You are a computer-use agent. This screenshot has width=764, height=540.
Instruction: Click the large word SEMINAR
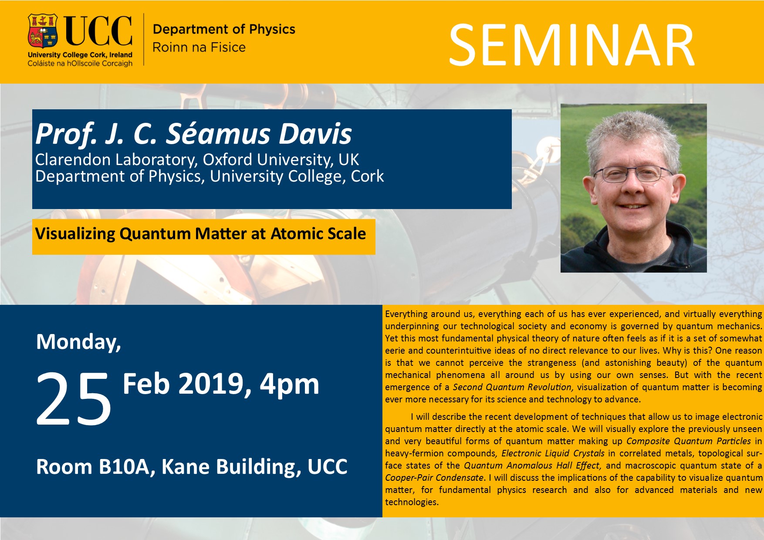571,45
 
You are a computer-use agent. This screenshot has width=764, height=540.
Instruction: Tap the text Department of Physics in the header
224,29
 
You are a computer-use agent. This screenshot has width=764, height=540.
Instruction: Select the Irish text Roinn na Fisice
199,47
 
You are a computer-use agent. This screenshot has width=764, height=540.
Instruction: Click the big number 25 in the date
73,399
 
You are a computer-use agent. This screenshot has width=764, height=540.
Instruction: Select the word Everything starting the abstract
406,314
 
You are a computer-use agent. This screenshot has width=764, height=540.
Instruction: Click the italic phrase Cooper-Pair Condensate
434,478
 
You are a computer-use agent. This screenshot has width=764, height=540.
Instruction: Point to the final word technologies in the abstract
412,502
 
